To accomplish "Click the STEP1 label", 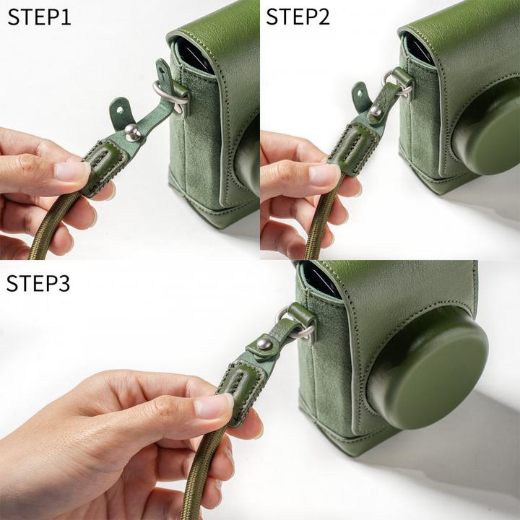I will [39, 17].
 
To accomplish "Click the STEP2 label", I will [298, 17].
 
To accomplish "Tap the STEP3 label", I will [38, 283].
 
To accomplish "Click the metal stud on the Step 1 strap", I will [132, 131].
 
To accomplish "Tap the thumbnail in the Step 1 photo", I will [72, 171].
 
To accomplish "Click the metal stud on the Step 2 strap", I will [375, 111].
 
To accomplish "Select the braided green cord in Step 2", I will [316, 231].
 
